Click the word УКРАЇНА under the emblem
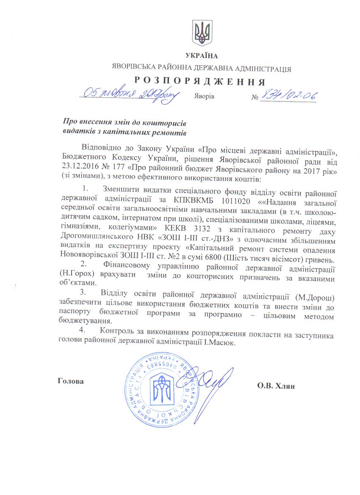coord(201,56)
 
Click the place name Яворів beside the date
coord(205,97)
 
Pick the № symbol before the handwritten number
coord(255,97)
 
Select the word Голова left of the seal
coord(70,381)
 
